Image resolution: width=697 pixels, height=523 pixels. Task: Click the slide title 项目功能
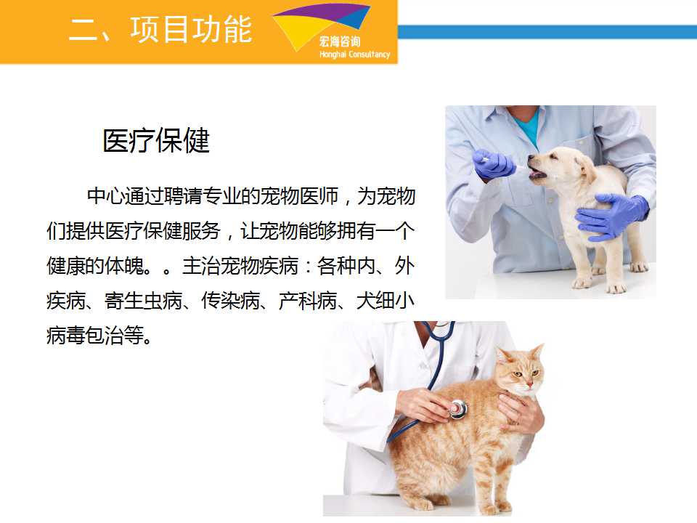coord(192,29)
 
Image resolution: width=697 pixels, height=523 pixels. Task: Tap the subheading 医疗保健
coord(156,140)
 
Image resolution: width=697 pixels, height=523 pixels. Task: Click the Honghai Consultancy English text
coord(354,54)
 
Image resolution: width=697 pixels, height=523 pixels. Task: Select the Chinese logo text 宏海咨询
coord(340,42)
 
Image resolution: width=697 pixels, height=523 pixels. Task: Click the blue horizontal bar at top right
coord(547,31)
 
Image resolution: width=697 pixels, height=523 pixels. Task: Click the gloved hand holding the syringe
coord(494,163)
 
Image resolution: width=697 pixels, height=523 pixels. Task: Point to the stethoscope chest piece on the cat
coord(458,409)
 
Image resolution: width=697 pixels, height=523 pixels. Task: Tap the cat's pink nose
coord(530,384)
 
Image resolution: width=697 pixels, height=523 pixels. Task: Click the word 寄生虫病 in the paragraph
coord(143,301)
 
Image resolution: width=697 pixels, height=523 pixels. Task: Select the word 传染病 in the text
coord(230,301)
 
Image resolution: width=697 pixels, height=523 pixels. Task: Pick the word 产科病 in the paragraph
coord(308,301)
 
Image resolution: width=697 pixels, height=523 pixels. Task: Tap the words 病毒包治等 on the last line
coord(95,336)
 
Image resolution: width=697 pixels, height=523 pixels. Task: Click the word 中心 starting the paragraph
coord(106,196)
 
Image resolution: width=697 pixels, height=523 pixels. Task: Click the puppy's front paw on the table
coord(581,283)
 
